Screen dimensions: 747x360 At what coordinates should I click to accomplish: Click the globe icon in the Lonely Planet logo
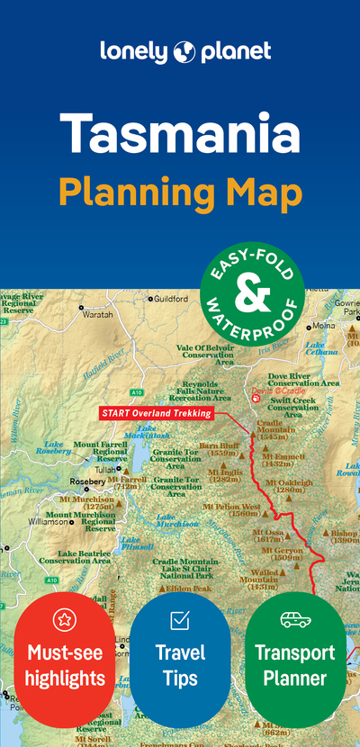tap(184, 50)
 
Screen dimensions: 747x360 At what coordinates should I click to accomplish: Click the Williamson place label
tap(48, 521)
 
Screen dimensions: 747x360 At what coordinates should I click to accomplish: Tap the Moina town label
tap(323, 326)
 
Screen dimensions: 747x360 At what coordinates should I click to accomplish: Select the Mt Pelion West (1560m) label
tap(232, 510)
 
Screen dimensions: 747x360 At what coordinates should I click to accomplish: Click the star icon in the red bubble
tap(63, 618)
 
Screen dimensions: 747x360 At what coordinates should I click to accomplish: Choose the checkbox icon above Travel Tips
tap(180, 619)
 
